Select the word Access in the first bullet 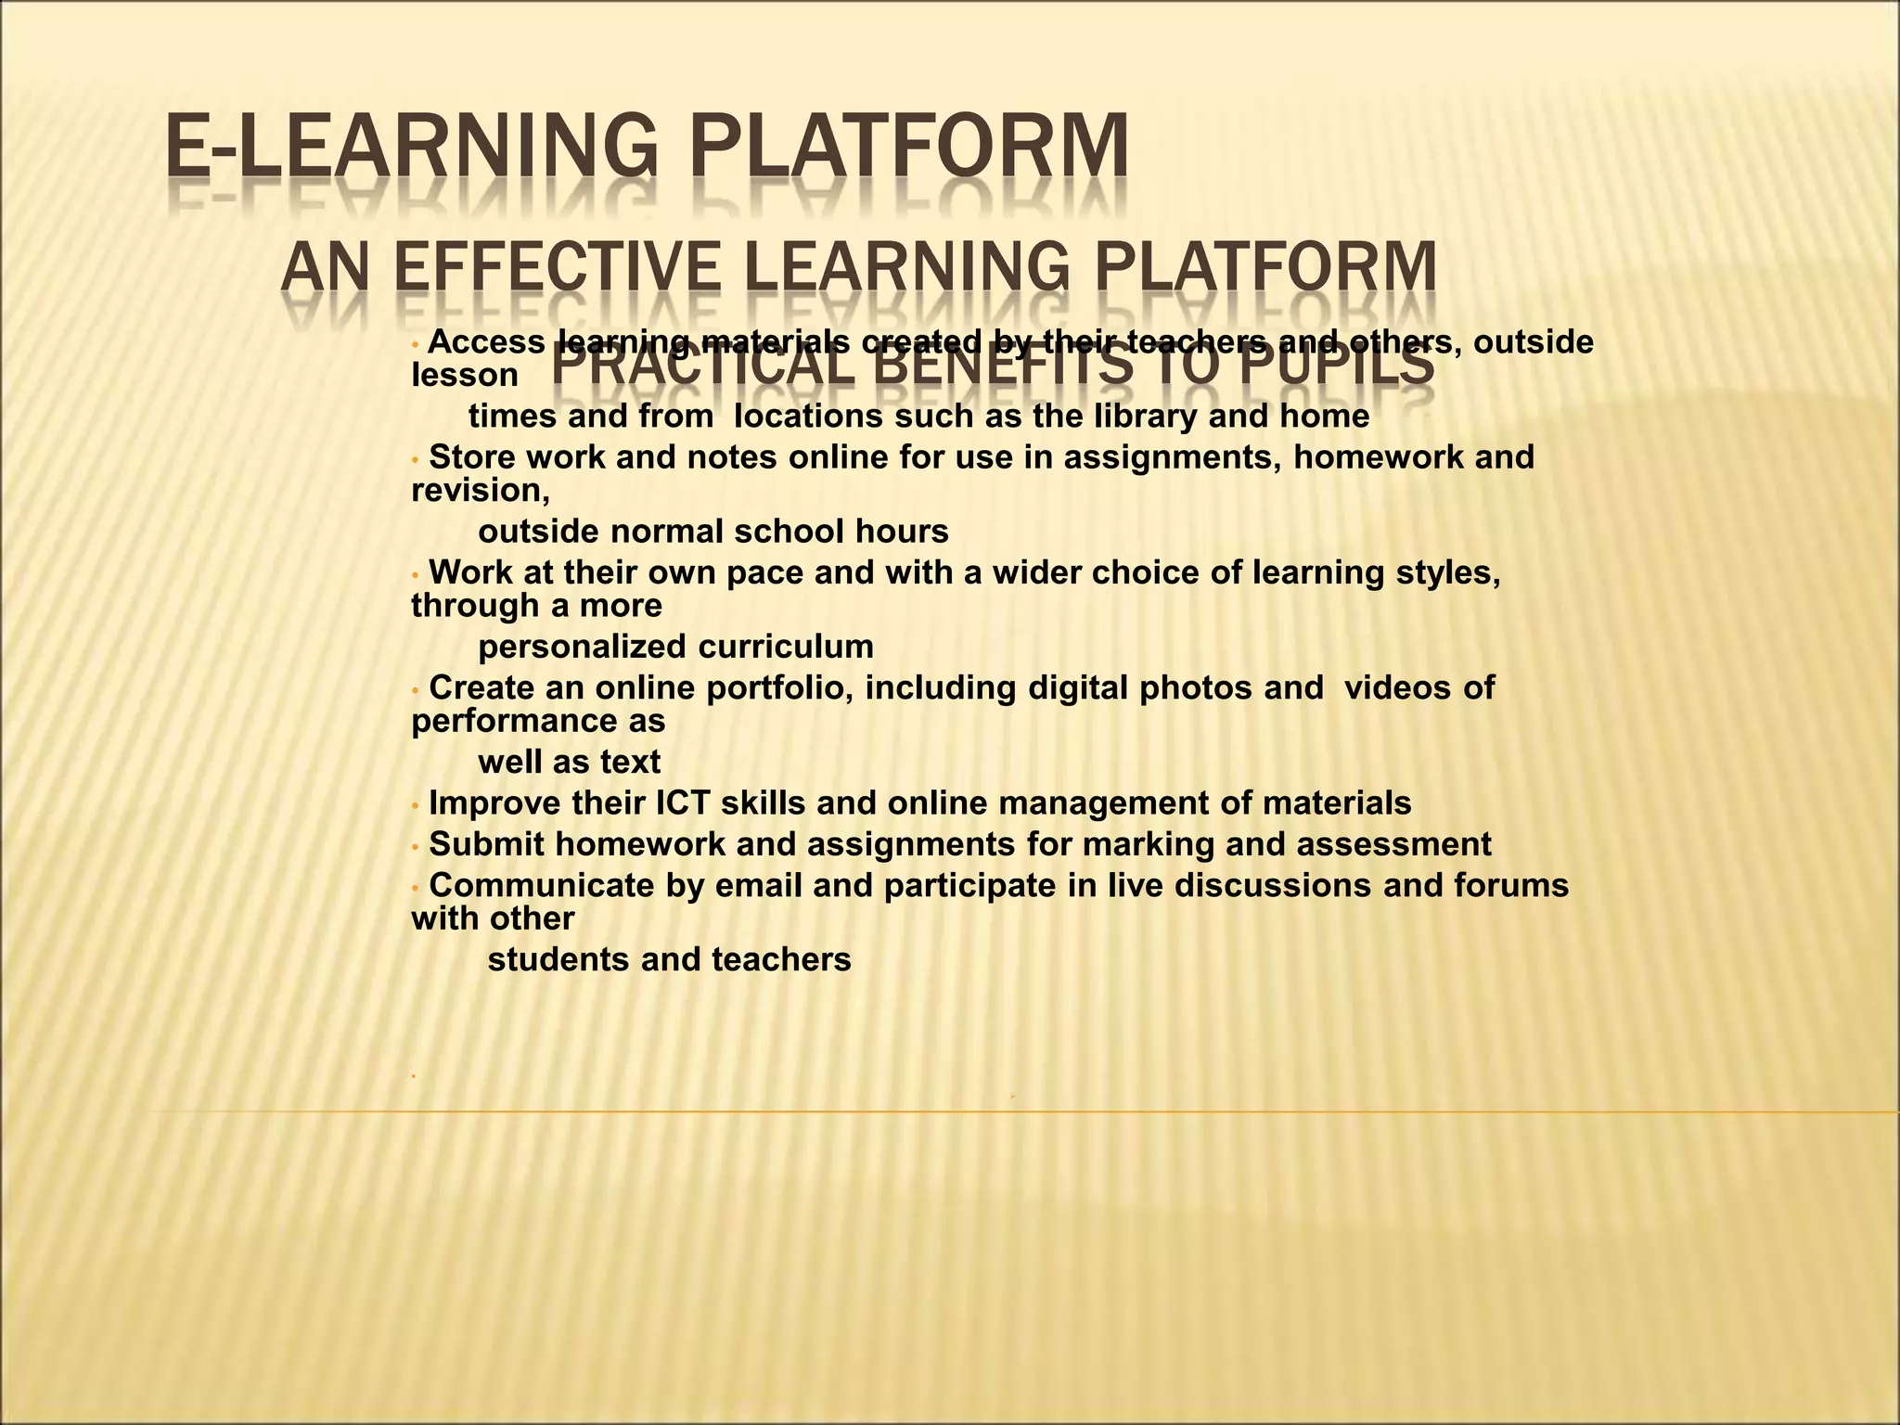(486, 342)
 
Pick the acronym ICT (683, 803)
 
